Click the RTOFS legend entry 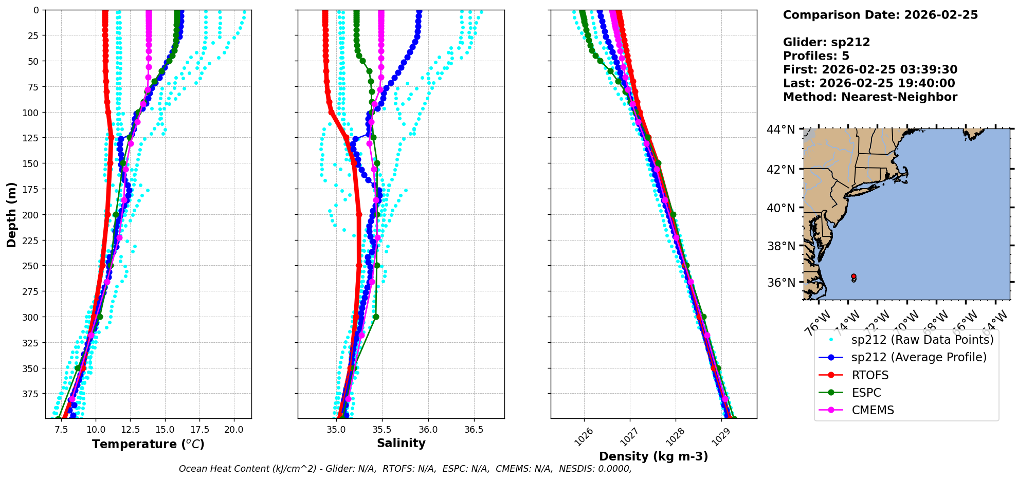pyautogui.click(x=870, y=375)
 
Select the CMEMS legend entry pyautogui.click(x=873, y=410)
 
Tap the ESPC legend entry pyautogui.click(x=866, y=393)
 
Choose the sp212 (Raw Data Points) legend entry pyautogui.click(x=922, y=340)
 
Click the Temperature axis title pyautogui.click(x=148, y=444)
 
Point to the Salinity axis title pyautogui.click(x=401, y=443)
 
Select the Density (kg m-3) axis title pyautogui.click(x=653, y=456)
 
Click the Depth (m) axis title pyautogui.click(x=11, y=214)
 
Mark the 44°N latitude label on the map pyautogui.click(x=781, y=130)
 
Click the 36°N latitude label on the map pyautogui.click(x=781, y=283)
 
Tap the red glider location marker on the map pyautogui.click(x=854, y=276)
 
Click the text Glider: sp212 pyautogui.click(x=826, y=42)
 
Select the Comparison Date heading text pyautogui.click(x=880, y=15)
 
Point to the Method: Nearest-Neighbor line pyautogui.click(x=870, y=97)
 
